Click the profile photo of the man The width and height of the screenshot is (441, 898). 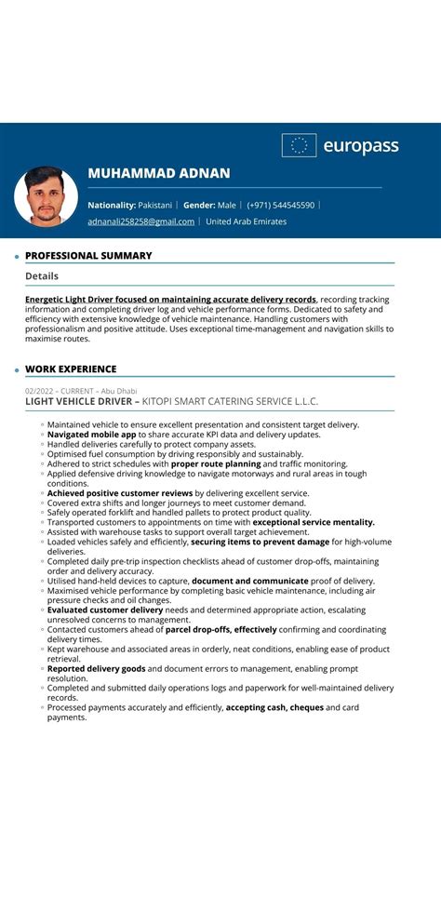tap(46, 196)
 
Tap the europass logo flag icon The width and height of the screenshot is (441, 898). tap(299, 145)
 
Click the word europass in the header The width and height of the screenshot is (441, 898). tap(360, 146)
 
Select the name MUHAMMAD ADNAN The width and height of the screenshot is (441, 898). tap(158, 173)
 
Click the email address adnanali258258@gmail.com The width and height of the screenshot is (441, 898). tap(140, 221)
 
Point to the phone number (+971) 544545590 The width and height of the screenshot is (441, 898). tap(280, 205)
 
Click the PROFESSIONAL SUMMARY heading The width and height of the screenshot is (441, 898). tap(88, 256)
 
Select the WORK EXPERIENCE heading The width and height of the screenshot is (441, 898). tap(71, 369)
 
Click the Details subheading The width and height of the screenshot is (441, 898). tap(42, 276)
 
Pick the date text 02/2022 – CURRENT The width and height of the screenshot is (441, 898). tap(57, 391)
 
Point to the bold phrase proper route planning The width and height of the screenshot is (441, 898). tap(216, 463)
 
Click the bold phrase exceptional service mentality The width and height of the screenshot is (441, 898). tap(314, 522)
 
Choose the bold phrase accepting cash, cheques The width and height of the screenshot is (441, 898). tap(275, 707)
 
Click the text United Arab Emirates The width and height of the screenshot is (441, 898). tap(246, 221)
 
